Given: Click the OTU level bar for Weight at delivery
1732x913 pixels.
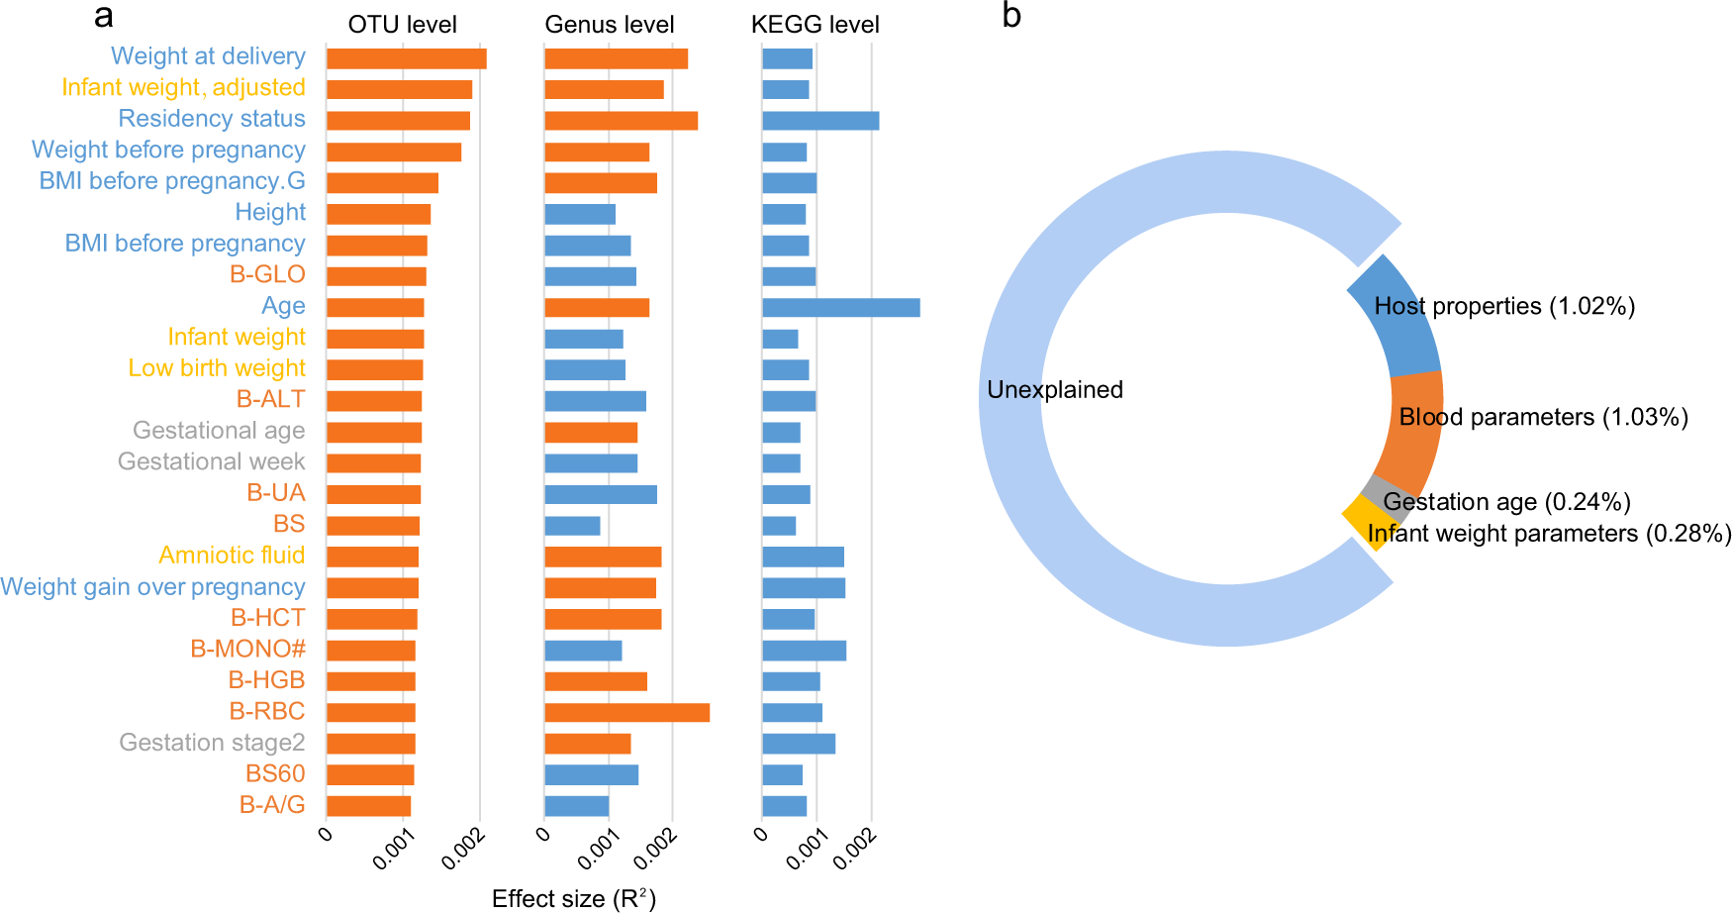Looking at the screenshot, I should click(406, 58).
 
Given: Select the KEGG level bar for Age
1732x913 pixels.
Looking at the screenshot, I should click(840, 308).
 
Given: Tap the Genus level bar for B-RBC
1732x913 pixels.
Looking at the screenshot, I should click(626, 713).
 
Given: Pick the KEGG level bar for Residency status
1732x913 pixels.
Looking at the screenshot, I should click(820, 121).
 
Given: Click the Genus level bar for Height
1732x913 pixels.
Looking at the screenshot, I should click(580, 214).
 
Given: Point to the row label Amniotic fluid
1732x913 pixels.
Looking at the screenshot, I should click(232, 556).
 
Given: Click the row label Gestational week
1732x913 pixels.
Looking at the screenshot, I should click(211, 462).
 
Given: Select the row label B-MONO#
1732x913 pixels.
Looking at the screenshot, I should click(247, 650).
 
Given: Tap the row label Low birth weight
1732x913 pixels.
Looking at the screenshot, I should click(217, 368).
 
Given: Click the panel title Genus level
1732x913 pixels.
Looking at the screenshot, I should click(609, 25).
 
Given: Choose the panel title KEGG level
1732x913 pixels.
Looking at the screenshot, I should click(815, 25).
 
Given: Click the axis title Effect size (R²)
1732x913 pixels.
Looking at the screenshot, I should click(574, 899).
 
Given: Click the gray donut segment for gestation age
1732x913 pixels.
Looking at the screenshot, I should click(1379, 491).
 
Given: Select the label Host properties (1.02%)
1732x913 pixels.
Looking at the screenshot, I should click(1504, 307).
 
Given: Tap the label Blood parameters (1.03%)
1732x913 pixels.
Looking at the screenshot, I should click(1543, 418).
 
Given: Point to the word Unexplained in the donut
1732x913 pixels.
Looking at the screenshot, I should click(1054, 390).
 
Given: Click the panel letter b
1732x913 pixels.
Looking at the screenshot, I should click(1010, 17).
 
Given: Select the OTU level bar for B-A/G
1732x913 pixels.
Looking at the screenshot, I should click(368, 806).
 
